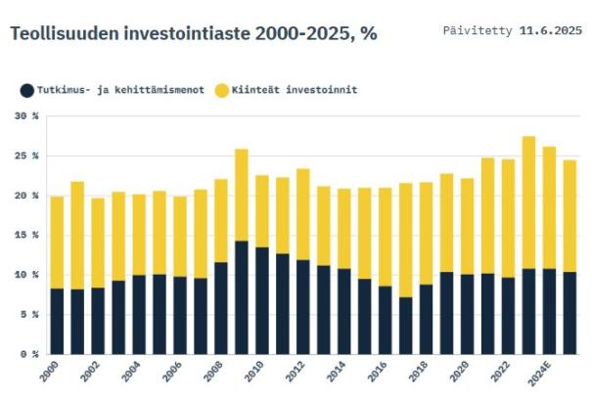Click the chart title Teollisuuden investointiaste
pos(193,33)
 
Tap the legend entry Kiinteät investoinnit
pos(295,90)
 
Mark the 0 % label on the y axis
pos(30,354)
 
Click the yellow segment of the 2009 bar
pos(241,195)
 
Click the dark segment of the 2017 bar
pos(405,326)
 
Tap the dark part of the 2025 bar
pos(569,313)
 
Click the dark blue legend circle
pos(26,90)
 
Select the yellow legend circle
pos(222,90)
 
